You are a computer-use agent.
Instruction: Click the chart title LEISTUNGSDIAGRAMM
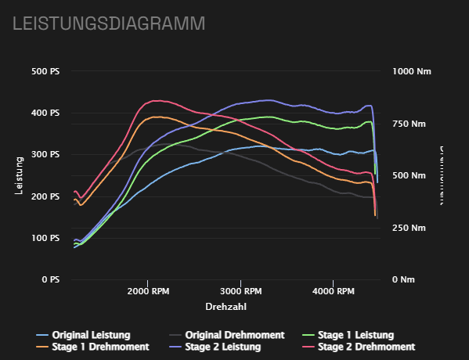pyautogui.click(x=108, y=23)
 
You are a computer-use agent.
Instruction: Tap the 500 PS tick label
pyautogui.click(x=45, y=71)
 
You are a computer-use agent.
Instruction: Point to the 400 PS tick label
pyautogui.click(x=45, y=113)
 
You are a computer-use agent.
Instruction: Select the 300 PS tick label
pyautogui.click(x=45, y=154)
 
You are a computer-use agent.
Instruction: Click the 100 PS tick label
pyautogui.click(x=45, y=238)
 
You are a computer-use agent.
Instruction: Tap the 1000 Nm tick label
pyautogui.click(x=412, y=71)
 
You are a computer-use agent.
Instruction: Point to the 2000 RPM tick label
pyautogui.click(x=148, y=291)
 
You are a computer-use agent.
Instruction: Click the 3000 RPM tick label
pyautogui.click(x=241, y=291)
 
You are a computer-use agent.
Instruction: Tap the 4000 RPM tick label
pyautogui.click(x=334, y=291)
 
